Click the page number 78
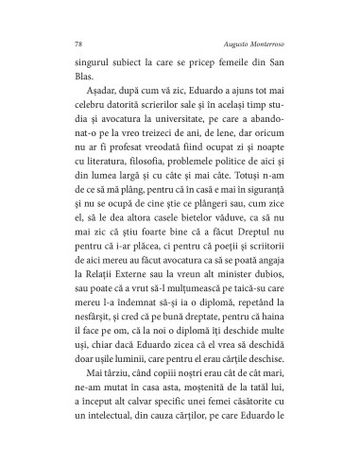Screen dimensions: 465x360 tap(77, 44)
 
